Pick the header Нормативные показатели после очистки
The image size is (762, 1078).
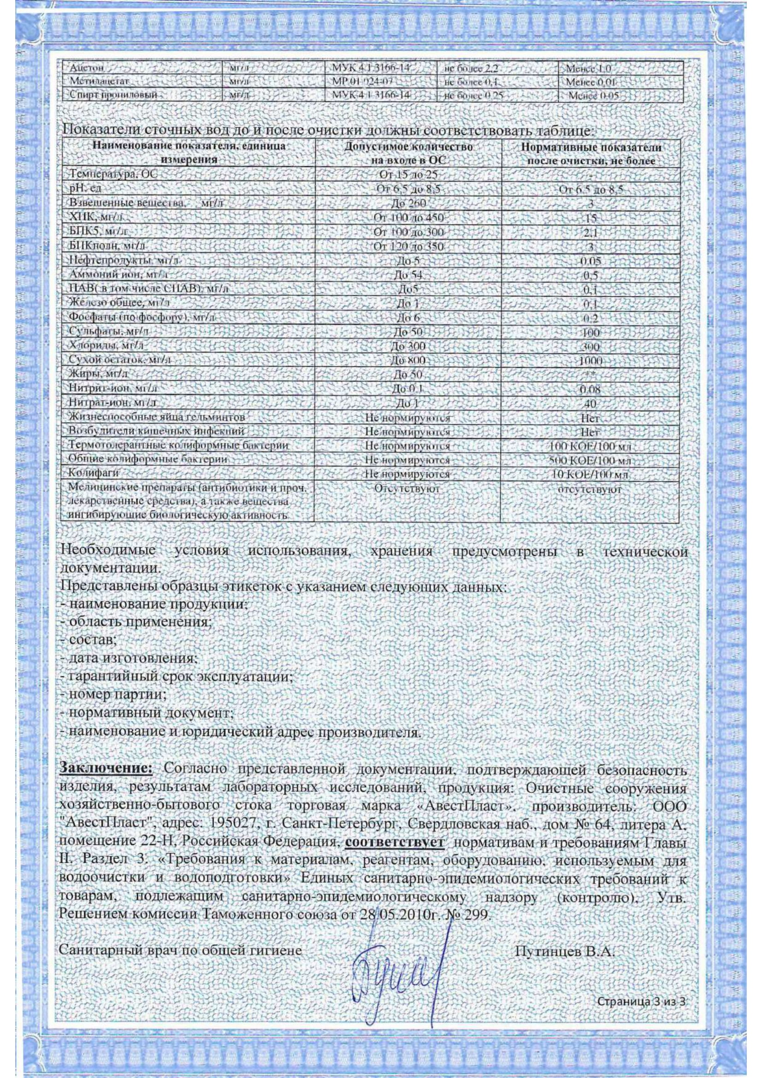click(592, 153)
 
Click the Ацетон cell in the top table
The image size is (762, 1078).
click(83, 68)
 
